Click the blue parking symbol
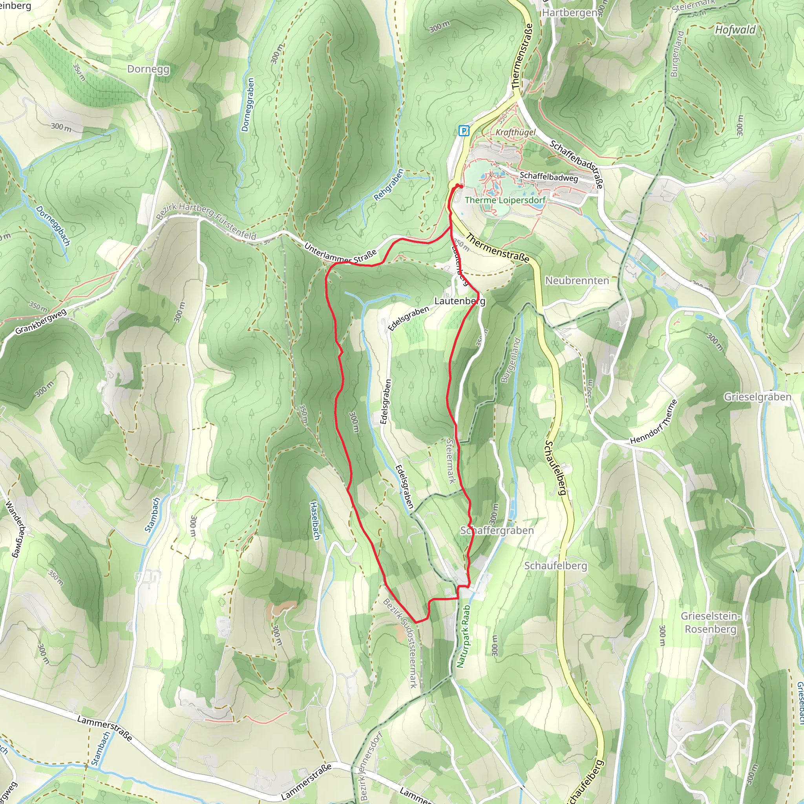pos(464,131)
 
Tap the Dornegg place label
pos(148,69)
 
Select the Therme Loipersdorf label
pos(505,200)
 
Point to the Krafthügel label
pos(515,132)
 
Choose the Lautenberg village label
pos(459,300)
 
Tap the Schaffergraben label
pos(497,531)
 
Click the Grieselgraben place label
pos(757,397)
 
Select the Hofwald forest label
pos(735,30)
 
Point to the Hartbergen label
pos(570,13)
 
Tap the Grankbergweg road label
pos(41,322)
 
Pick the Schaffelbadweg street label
pos(548,177)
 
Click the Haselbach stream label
pos(315,521)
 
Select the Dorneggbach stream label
pos(53,226)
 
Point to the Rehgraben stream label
pos(389,185)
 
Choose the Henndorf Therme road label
pos(653,422)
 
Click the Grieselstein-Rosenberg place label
pos(710,623)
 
